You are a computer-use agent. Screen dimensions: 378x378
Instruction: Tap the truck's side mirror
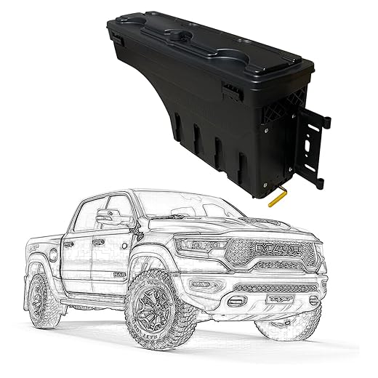click(109, 217)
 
